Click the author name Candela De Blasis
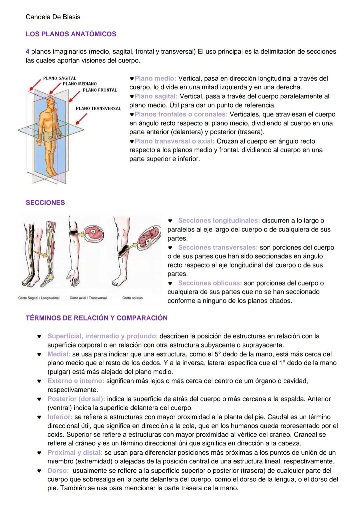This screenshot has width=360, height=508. [53, 17]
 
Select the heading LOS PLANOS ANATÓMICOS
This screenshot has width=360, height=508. [71, 34]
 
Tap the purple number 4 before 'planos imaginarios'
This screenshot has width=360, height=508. [27, 52]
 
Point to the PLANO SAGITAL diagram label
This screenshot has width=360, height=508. [59, 78]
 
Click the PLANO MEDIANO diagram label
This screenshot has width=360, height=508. [80, 84]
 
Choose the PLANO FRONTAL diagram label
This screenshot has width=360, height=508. [100, 90]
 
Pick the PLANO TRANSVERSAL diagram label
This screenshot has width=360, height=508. [98, 108]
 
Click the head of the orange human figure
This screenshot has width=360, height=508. [50, 102]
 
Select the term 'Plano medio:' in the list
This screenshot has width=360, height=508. [155, 79]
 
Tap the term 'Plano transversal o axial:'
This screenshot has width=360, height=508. [174, 141]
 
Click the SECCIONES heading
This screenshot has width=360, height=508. [45, 203]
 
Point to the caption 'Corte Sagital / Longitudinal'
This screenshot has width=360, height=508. [39, 298]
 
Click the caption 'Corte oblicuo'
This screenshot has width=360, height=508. [132, 298]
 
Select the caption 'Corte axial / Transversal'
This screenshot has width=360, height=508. [88, 298]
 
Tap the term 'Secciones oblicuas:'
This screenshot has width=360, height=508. [210, 283]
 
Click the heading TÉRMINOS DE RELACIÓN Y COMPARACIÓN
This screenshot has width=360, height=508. [96, 318]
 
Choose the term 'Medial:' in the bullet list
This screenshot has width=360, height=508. [59, 354]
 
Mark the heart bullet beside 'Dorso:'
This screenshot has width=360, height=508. [39, 471]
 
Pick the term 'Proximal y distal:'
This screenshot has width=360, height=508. [75, 453]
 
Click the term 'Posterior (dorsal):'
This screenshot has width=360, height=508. [76, 399]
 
